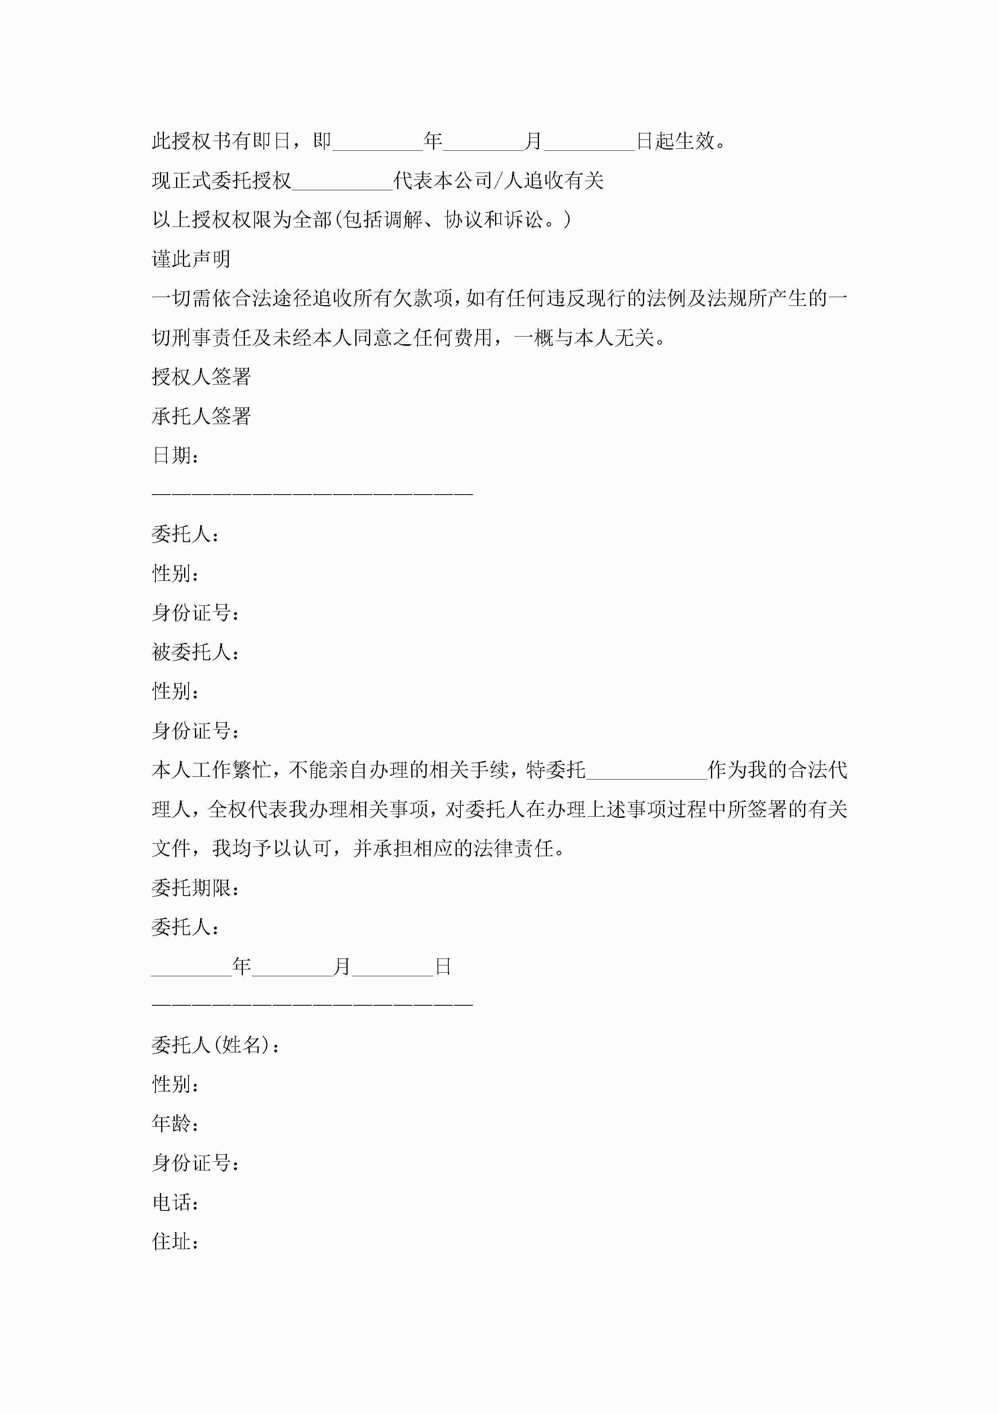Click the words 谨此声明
191,259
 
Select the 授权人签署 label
201,377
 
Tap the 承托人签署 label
201,416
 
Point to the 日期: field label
175,456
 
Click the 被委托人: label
195,652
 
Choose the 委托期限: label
195,888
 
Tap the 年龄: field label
175,1124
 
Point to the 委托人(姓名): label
216,1045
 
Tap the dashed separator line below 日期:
312,494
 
